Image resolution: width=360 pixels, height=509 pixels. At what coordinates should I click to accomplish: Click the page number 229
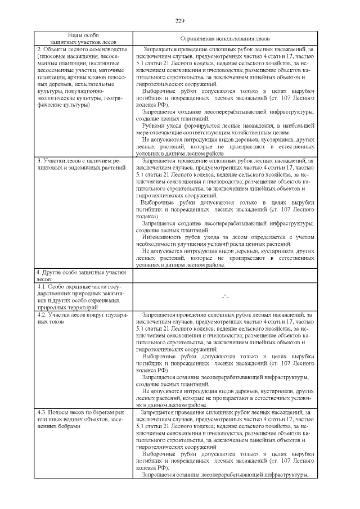(x=180, y=21)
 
